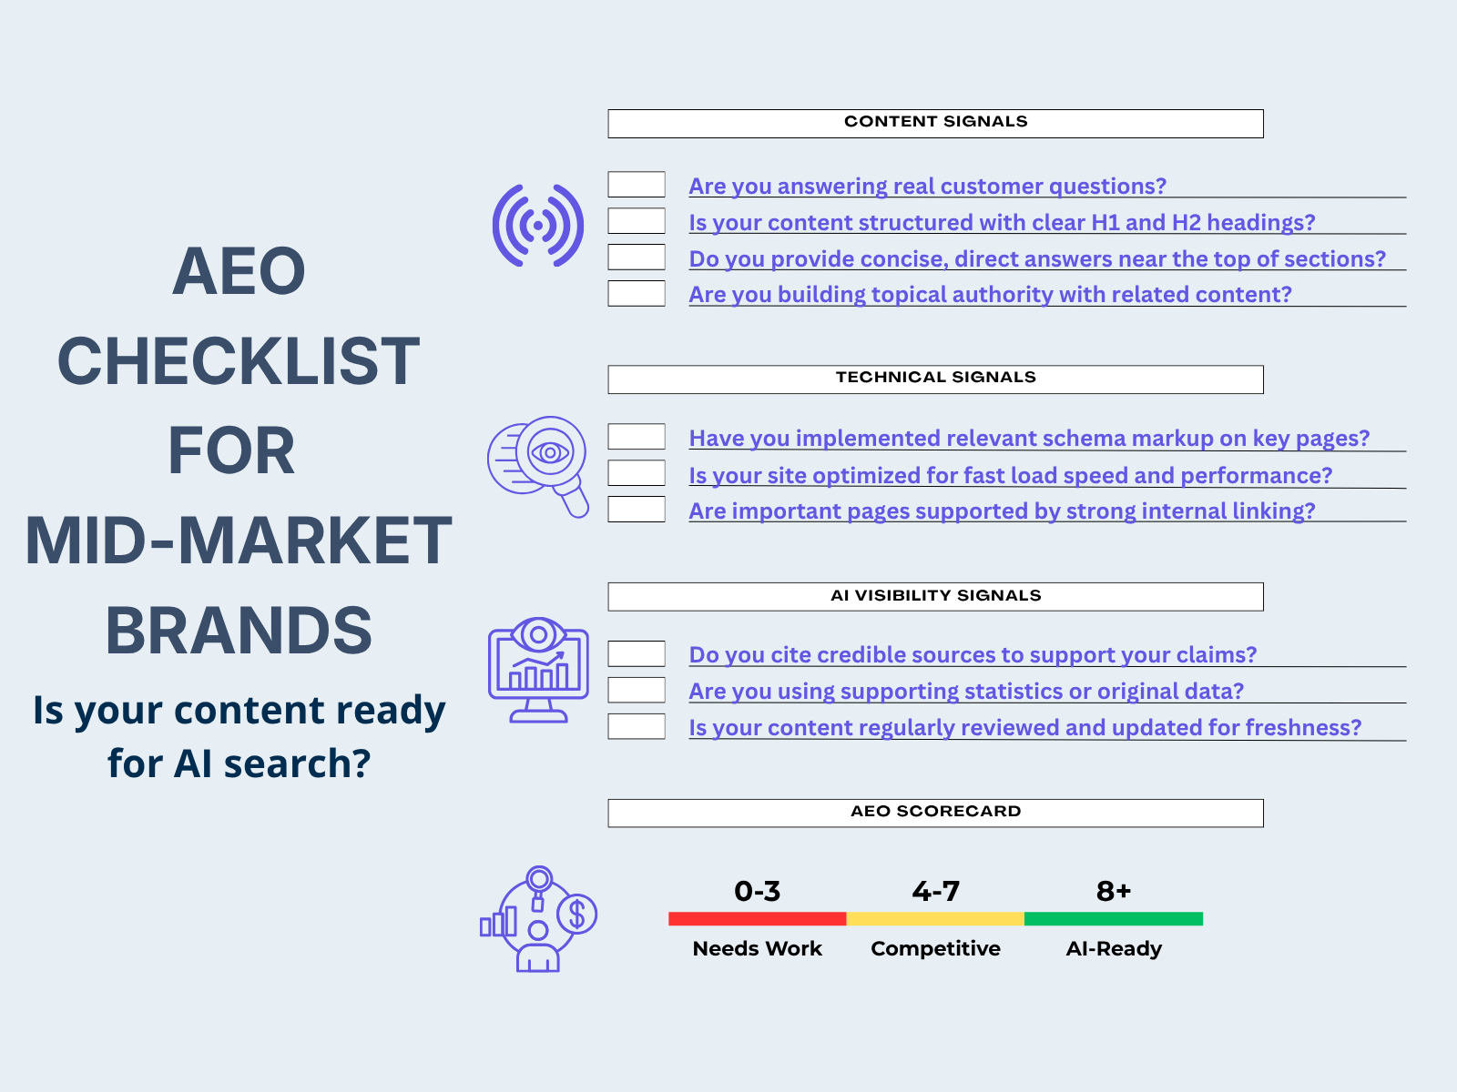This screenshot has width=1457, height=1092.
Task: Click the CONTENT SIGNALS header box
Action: point(935,124)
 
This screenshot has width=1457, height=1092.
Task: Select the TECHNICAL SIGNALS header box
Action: point(935,379)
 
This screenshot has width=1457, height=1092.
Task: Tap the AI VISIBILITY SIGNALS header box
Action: point(935,597)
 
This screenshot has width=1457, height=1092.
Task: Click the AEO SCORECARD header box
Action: point(935,813)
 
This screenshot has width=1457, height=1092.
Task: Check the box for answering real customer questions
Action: point(637,185)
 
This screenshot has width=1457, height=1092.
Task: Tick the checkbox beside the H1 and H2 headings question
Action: point(637,221)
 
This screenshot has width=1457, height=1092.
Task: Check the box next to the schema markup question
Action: point(637,437)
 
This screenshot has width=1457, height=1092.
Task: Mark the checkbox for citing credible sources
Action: point(637,653)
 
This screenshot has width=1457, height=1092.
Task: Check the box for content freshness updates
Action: point(637,726)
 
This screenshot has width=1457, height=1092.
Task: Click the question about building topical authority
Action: point(990,295)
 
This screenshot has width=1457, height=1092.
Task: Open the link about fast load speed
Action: point(1010,475)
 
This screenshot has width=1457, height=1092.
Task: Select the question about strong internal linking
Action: point(1002,511)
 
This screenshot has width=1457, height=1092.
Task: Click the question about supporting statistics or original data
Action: point(966,692)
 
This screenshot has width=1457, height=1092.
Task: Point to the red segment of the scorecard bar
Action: point(757,919)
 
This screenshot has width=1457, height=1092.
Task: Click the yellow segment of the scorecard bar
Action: point(935,919)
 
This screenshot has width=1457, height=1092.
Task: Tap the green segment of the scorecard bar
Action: point(1113,919)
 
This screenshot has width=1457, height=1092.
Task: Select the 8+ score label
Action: point(1113,891)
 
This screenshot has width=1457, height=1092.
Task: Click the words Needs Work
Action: point(757,949)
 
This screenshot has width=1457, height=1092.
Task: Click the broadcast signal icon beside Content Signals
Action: point(538,226)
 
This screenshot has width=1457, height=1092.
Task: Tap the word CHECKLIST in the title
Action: point(239,361)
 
